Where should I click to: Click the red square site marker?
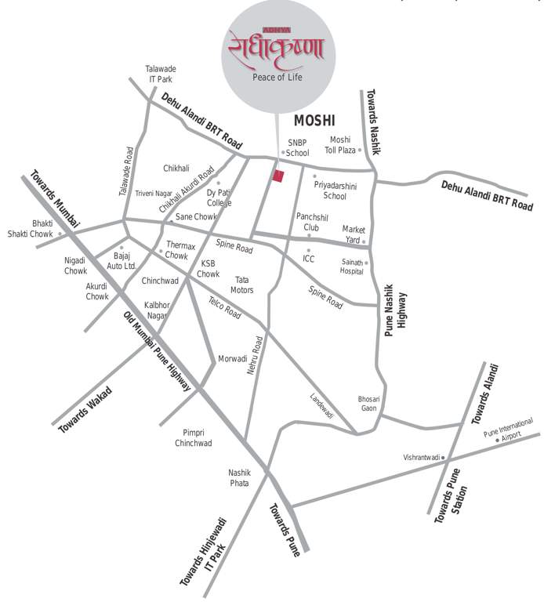tap(277, 175)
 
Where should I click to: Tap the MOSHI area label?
tap(314, 121)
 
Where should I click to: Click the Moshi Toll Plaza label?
tap(340, 145)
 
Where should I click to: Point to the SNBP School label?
tap(298, 147)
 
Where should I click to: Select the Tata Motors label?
tap(243, 285)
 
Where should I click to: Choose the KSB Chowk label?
tap(208, 269)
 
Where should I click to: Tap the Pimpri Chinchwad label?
tap(193, 437)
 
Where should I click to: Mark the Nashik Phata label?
tap(239, 477)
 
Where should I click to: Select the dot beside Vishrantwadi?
tap(443, 457)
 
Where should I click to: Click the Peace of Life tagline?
tap(277, 78)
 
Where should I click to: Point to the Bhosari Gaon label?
tap(368, 403)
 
